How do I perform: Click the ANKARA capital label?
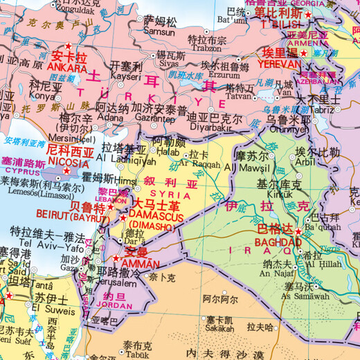tap(66, 68)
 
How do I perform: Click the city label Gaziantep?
tap(153, 118)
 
